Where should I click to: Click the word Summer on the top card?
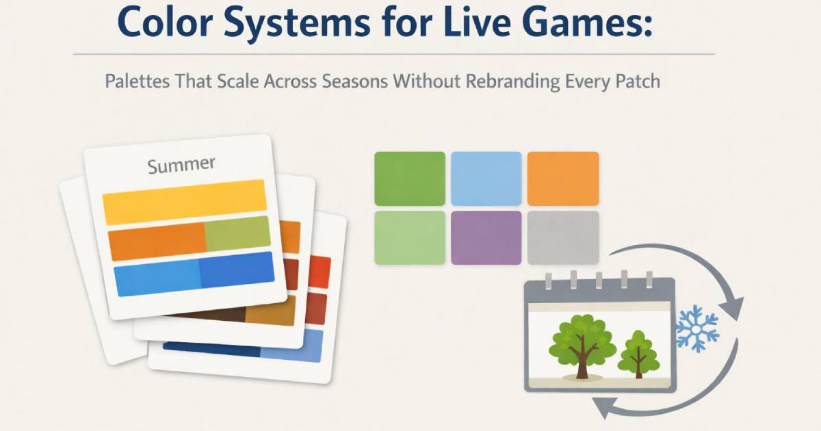(181, 165)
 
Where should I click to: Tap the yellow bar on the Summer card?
(183, 202)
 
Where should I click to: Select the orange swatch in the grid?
(562, 178)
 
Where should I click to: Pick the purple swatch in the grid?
(486, 237)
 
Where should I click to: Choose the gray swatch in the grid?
(562, 237)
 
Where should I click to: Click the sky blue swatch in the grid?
(486, 178)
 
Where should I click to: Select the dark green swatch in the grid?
(410, 178)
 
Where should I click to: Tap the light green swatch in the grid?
(410, 237)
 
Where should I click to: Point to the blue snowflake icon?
(697, 328)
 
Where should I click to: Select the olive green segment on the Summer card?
(237, 234)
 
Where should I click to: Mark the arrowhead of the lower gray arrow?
(601, 408)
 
